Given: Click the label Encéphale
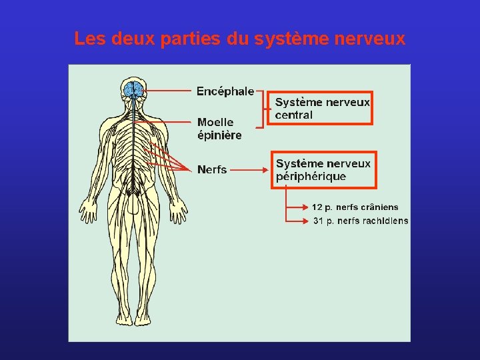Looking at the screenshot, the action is click(x=225, y=91).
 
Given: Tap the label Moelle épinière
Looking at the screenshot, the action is click(x=219, y=129).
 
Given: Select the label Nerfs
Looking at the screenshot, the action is click(x=212, y=170).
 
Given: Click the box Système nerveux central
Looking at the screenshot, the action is click(x=323, y=108).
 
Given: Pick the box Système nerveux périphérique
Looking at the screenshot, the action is click(x=324, y=170).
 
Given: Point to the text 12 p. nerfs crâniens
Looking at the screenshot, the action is click(x=355, y=207).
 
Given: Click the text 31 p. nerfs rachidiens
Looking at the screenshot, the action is click(x=361, y=221).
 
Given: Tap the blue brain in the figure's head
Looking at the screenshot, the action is click(x=134, y=89).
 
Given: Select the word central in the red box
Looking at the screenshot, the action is click(x=294, y=115).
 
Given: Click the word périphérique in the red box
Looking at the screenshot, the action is click(x=311, y=177).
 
